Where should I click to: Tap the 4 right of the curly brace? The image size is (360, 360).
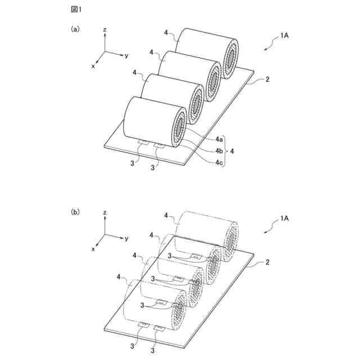tap(233, 150)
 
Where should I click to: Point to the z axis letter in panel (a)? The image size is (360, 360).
tap(105, 28)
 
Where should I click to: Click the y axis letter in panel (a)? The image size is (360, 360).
tap(128, 56)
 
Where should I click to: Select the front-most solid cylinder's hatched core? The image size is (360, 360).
tap(179, 130)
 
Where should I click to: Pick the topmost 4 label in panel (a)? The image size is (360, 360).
tap(167, 33)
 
